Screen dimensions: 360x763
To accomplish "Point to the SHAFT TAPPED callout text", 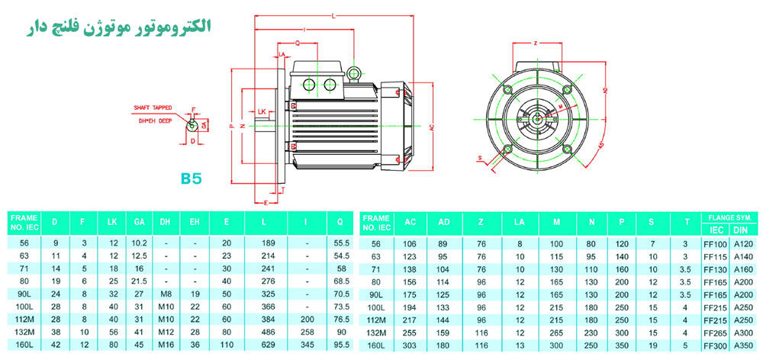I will (153, 109).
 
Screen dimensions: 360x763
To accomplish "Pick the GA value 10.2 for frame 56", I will (139, 243).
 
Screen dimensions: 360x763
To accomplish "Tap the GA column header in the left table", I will (139, 223).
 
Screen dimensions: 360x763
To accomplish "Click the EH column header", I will (195, 223).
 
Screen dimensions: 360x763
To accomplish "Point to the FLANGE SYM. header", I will (729, 217).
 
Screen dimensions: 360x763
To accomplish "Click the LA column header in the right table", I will (520, 223).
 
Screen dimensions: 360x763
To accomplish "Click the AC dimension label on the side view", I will (431, 126).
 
